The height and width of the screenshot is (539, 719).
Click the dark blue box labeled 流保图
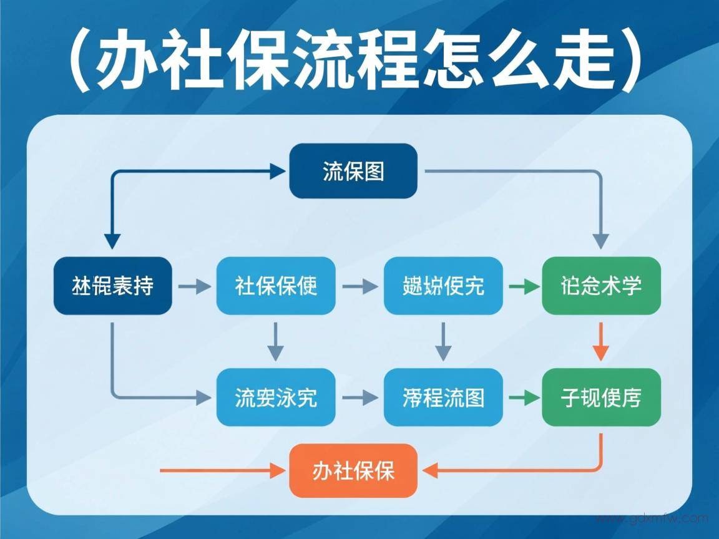point(353,171)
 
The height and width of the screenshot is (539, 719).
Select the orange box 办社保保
point(353,470)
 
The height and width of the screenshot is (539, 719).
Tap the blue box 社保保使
point(276,286)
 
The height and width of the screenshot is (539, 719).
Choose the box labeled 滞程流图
point(443,397)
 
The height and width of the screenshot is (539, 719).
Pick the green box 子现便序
point(601,397)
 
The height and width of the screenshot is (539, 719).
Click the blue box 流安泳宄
point(276,397)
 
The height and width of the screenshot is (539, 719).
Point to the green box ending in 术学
point(601,286)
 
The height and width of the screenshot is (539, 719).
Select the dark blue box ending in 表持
point(112,286)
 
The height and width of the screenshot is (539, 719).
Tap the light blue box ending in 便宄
point(443,286)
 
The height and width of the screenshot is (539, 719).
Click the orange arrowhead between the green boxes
point(600,353)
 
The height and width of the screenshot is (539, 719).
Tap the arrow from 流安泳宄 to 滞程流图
point(360,397)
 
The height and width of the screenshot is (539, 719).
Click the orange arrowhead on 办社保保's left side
point(278,470)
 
